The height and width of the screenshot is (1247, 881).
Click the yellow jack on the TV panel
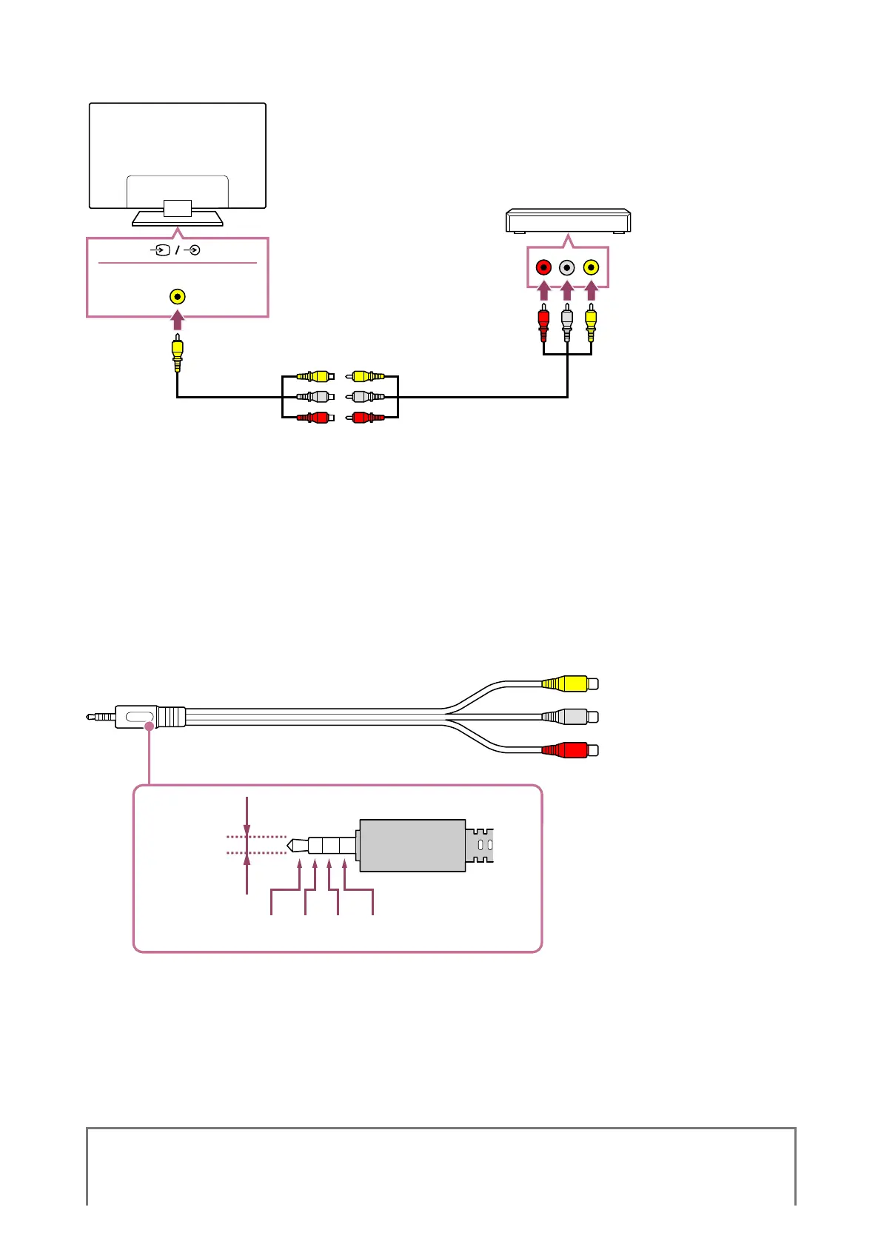[x=177, y=297]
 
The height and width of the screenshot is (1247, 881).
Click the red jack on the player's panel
[x=543, y=267]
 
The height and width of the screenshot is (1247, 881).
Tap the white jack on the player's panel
[x=567, y=267]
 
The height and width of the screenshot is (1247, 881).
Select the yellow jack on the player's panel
[x=591, y=267]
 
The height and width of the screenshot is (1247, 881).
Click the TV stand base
[x=178, y=219]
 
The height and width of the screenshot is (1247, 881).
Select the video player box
[x=568, y=221]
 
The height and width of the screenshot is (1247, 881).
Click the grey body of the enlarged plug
[x=412, y=845]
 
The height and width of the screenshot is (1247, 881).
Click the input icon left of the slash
[x=161, y=250]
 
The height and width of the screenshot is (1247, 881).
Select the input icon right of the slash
[x=192, y=250]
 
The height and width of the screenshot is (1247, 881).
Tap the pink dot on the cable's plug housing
[x=149, y=727]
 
